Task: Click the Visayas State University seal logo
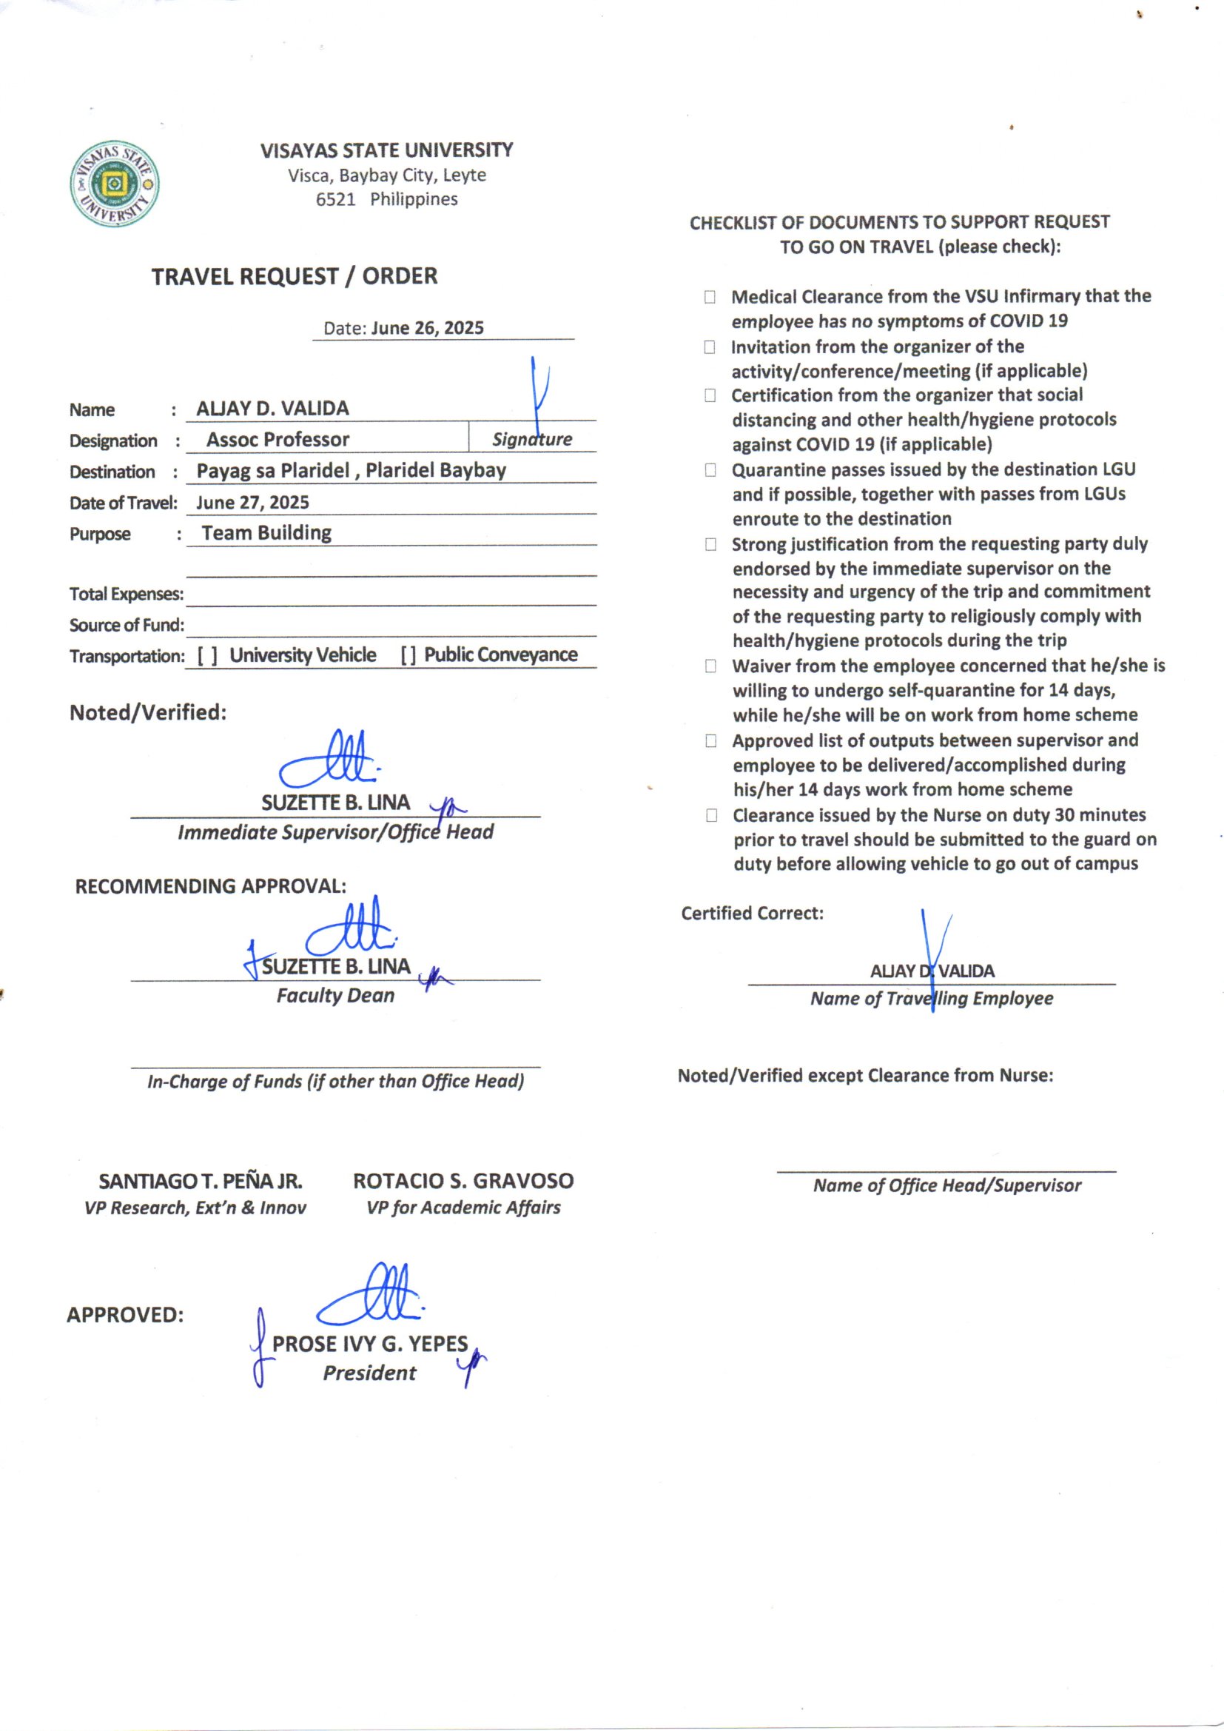[x=115, y=183]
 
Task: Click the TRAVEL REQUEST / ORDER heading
[x=294, y=276]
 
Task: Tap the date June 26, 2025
[x=426, y=328]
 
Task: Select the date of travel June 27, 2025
[x=252, y=502]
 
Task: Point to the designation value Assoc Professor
[x=278, y=440]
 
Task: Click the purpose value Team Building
[x=266, y=533]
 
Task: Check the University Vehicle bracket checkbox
[x=208, y=656]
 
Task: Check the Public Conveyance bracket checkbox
[x=408, y=656]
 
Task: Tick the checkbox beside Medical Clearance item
[x=710, y=297]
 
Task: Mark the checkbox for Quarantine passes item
[x=710, y=470]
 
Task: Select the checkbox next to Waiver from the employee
[x=710, y=666]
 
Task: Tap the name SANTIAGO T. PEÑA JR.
[x=201, y=1181]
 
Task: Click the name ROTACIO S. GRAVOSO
[x=463, y=1181]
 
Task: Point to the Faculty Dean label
[x=335, y=996]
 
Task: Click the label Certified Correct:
[x=751, y=913]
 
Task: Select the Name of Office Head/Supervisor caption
[x=946, y=1185]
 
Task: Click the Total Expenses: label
[x=126, y=594]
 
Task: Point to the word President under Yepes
[x=369, y=1373]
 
